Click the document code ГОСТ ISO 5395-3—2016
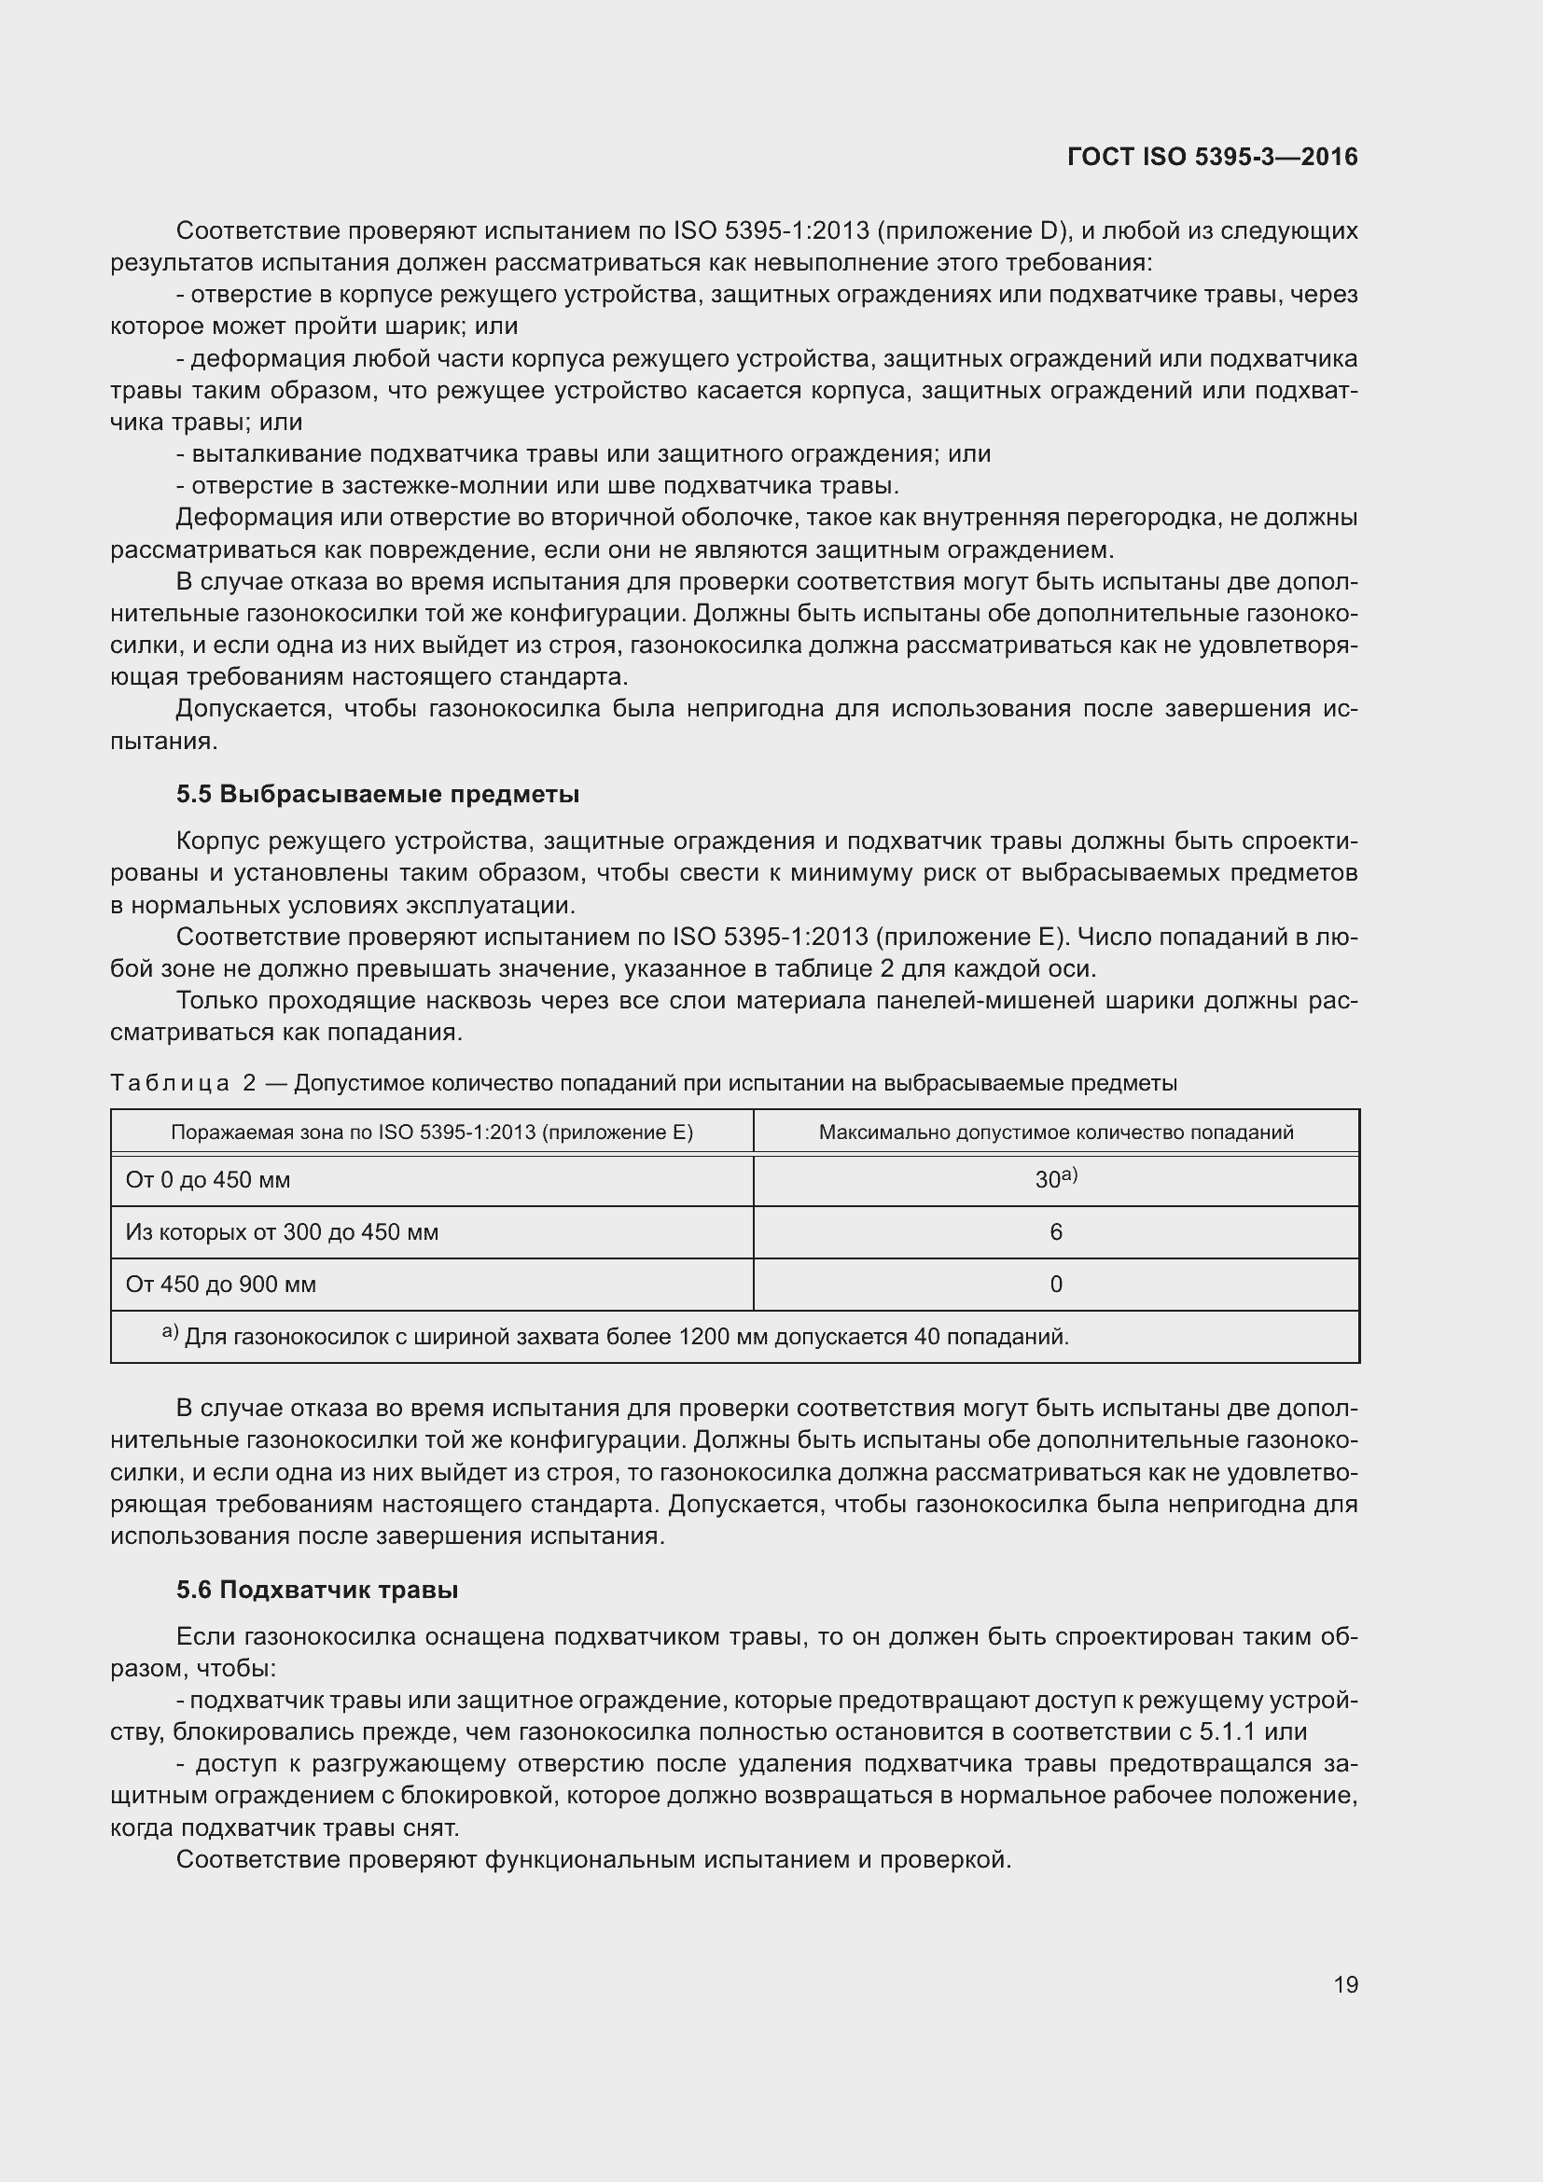pyautogui.click(x=1213, y=157)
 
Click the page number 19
pyautogui.click(x=1345, y=1984)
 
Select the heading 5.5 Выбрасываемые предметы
pyautogui.click(x=377, y=794)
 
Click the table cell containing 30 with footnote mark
pyautogui.click(x=1056, y=1179)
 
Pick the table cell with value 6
pyautogui.click(x=1056, y=1231)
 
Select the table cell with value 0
pyautogui.click(x=1056, y=1284)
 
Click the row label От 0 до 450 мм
pyautogui.click(x=208, y=1179)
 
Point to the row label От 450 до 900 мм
pyautogui.click(x=220, y=1284)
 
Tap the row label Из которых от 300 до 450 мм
pyautogui.click(x=281, y=1231)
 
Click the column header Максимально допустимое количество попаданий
pyautogui.click(x=1056, y=1132)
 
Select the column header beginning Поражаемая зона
pyautogui.click(x=431, y=1132)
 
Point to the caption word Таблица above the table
pyautogui.click(x=170, y=1082)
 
